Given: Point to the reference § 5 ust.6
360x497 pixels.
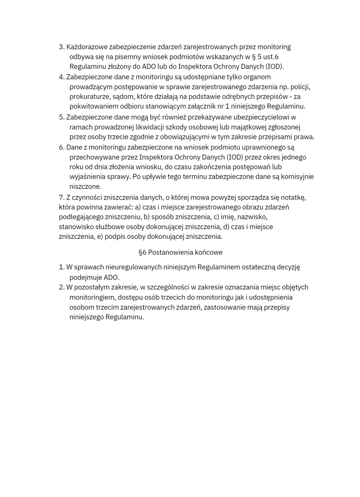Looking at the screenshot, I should pos(264,57).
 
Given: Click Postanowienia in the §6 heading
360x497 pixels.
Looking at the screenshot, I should pos(169,252).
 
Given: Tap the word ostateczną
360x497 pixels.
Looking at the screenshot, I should pos(255,267).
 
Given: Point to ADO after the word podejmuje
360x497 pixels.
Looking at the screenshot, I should pos(111,277).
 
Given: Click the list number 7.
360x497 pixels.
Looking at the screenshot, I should pos(61,197).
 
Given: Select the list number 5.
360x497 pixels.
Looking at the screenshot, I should pos(61,117).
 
